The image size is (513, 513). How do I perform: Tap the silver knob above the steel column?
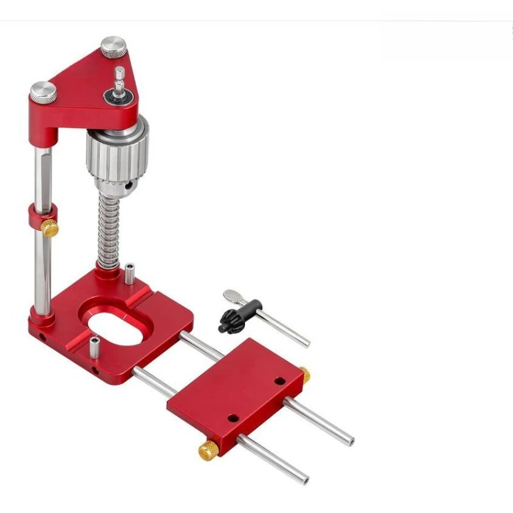[x=43, y=92]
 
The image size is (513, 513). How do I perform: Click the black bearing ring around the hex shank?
[x=120, y=97]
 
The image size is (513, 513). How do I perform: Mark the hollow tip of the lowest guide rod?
[x=305, y=480]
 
